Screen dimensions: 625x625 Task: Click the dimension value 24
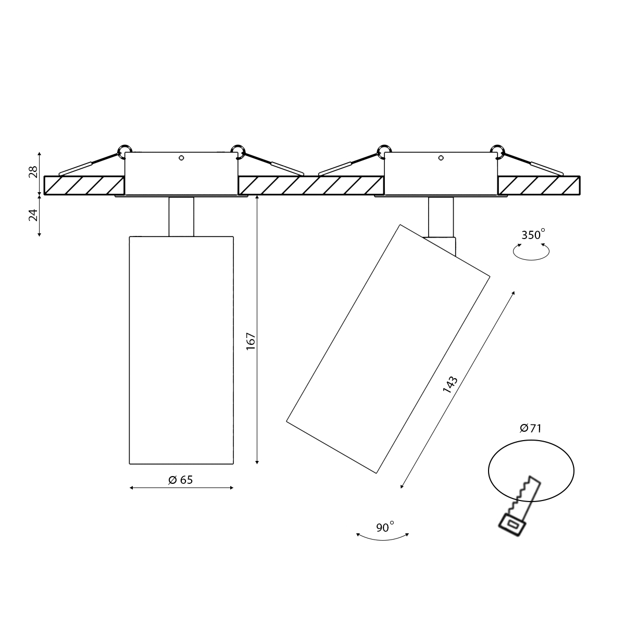tap(33, 215)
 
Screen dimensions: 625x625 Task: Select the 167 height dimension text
tap(251, 341)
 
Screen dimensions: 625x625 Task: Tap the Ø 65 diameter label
tap(181, 480)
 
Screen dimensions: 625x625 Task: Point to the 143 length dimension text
tap(450, 385)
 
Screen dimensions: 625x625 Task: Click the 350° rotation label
tap(533, 234)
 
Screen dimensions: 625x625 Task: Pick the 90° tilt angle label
tap(385, 528)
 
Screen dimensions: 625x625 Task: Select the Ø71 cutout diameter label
tap(531, 429)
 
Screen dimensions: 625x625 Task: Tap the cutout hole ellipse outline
tap(489, 471)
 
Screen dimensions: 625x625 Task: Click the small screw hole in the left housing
tap(181, 158)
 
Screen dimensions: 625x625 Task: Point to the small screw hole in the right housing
tap(441, 158)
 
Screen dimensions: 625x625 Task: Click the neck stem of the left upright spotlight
tap(181, 216)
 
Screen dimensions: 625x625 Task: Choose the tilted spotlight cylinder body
tap(388, 348)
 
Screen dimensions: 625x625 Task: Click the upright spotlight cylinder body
tap(181, 350)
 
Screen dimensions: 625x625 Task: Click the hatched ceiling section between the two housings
tap(311, 185)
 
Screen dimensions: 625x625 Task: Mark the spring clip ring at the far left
tap(124, 151)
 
